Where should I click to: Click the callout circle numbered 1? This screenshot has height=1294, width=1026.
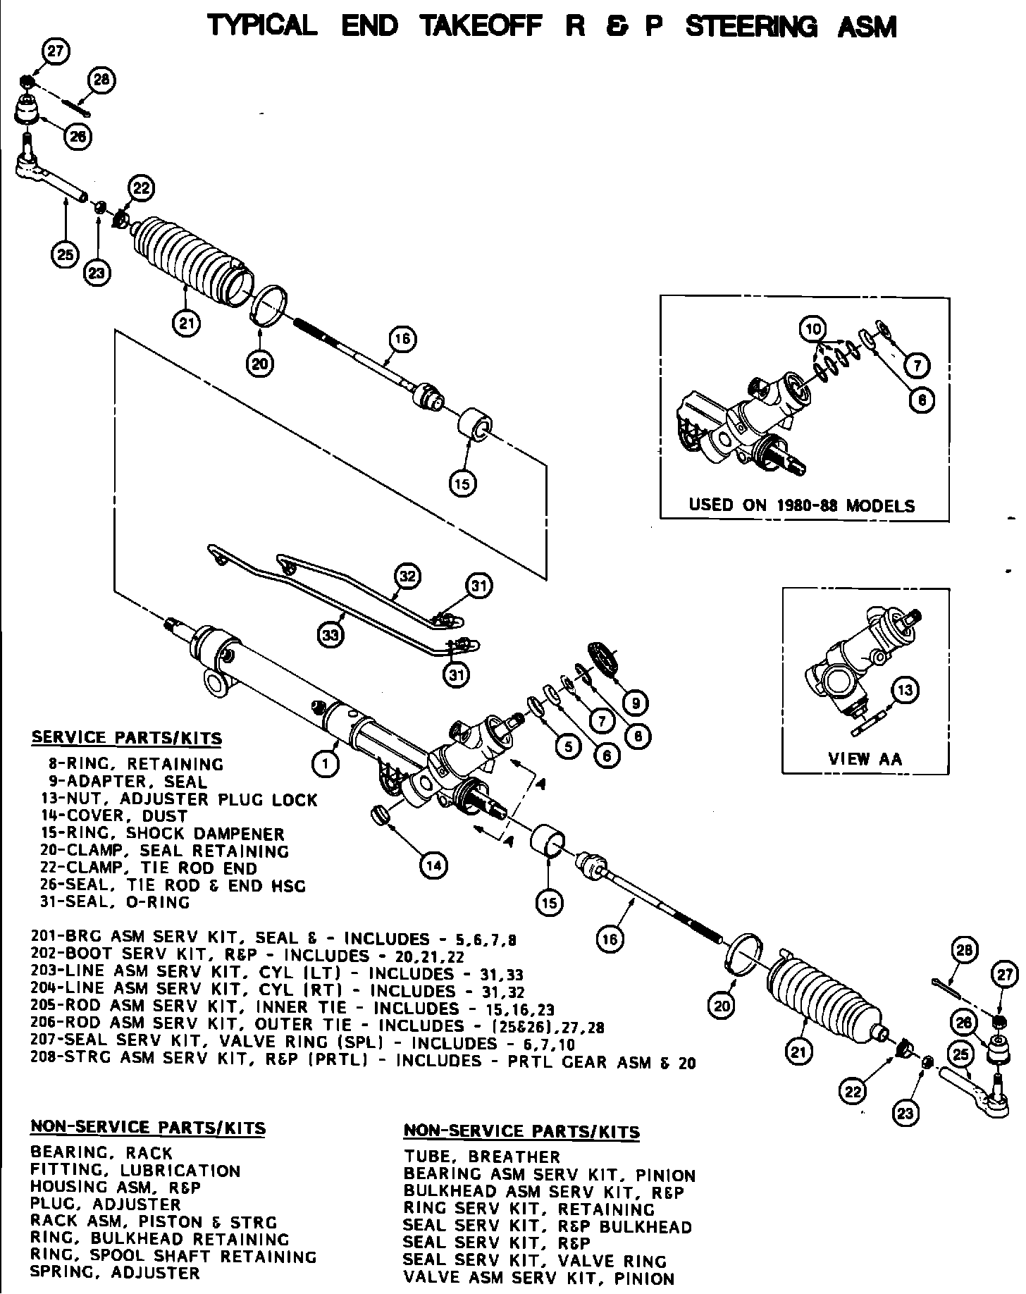pos(325,763)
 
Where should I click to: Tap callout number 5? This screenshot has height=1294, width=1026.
pos(567,746)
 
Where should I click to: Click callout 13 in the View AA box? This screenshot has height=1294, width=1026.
pos(906,689)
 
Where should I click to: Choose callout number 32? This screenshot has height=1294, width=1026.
pos(407,575)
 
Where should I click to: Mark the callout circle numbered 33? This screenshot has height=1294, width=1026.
pos(330,634)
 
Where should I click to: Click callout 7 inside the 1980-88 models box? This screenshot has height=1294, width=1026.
pos(917,365)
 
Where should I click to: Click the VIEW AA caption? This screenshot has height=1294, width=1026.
pos(865,758)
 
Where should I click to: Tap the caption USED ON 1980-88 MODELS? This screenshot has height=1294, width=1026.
pos(801,505)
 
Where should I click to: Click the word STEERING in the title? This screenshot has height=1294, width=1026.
pos(751,27)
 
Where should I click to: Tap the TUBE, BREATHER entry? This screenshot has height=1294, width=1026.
pos(482,1157)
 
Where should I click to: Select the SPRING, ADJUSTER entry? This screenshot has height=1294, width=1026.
pos(115,1272)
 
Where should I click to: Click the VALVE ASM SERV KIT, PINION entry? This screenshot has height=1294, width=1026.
pos(539,1278)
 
